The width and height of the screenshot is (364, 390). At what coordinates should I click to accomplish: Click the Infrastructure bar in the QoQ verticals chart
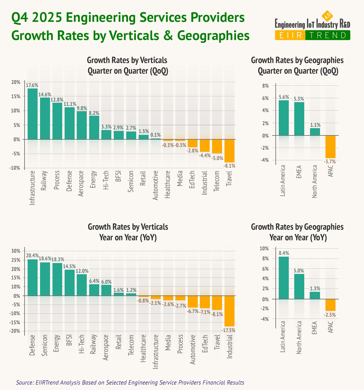coord(32,114)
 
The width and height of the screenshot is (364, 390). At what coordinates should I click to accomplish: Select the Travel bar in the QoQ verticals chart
coord(229,151)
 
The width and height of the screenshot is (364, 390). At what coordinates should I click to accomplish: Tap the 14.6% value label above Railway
coord(45,94)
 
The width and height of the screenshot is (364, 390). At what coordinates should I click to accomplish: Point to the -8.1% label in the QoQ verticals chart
coord(229,166)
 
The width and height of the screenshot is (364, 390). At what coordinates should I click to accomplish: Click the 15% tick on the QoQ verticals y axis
coord(16,96)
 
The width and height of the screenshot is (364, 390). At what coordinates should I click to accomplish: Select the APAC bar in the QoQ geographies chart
coord(330,147)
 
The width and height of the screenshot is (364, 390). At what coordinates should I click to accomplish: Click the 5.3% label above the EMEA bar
coord(299,99)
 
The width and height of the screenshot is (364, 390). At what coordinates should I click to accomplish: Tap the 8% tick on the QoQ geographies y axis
coord(266,86)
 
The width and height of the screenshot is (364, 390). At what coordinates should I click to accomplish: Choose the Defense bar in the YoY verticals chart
coord(32,277)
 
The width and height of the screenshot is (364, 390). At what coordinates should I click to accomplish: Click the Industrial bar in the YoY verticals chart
coord(229,311)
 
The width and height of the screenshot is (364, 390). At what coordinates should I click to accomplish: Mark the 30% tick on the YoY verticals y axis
coord(15,251)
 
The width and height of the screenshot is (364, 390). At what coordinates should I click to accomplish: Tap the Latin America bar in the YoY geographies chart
coord(284,278)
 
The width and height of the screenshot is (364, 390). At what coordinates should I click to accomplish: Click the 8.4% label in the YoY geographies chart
coord(284,253)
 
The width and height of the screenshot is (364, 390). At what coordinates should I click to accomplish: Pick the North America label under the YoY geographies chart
coord(299,338)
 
